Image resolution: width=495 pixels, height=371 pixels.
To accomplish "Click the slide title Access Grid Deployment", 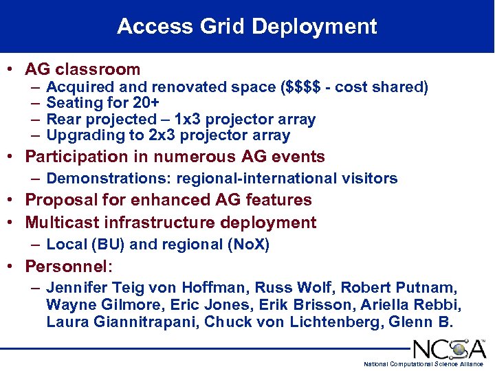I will [x=247, y=27].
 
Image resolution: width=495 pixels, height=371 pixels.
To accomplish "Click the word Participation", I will [x=77, y=157].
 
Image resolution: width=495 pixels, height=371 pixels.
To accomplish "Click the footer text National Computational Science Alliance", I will [x=423, y=363].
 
